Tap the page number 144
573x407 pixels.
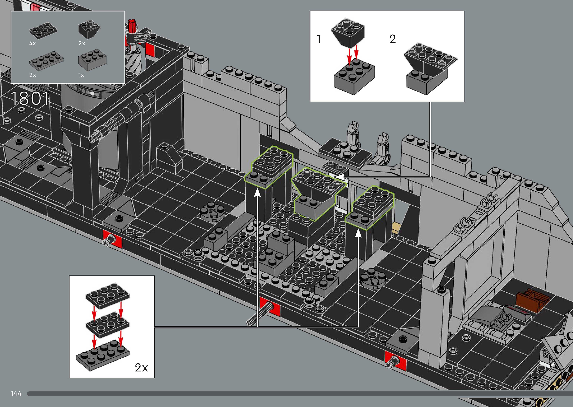pos(16,394)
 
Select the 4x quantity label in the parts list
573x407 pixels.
pos(32,43)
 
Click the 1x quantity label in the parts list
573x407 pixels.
pos(81,75)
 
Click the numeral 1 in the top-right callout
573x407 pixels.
pos(319,39)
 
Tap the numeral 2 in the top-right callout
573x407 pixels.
pos(393,39)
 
